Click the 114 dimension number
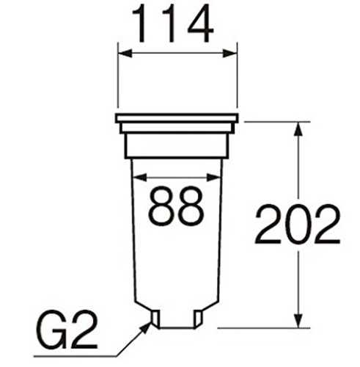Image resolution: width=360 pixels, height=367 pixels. pyautogui.click(x=173, y=23)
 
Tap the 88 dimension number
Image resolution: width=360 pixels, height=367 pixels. pyautogui.click(x=176, y=206)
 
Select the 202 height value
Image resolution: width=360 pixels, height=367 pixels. pyautogui.click(x=298, y=225)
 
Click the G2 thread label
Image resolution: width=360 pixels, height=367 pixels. pyautogui.click(x=67, y=330)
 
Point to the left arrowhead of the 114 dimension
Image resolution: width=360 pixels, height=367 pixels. pyautogui.click(x=125, y=53)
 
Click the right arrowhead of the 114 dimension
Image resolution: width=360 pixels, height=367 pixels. pyautogui.click(x=230, y=53)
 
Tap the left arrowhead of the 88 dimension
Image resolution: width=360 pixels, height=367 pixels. pyautogui.click(x=140, y=178)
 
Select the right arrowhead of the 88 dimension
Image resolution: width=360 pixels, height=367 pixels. pyautogui.click(x=213, y=178)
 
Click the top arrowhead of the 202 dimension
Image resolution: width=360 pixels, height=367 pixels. pyautogui.click(x=298, y=128)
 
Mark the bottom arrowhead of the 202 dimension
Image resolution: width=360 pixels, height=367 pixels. pyautogui.click(x=298, y=321)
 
